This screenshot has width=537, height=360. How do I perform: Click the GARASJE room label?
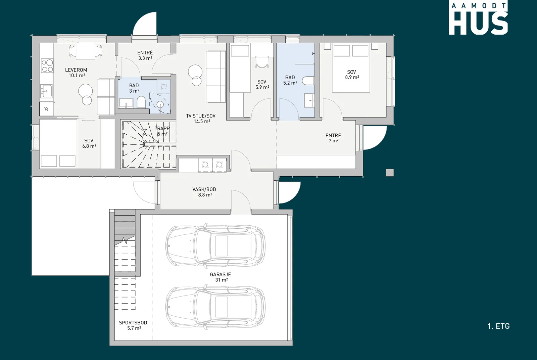(220, 274)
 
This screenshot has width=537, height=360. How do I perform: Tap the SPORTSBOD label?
(133, 323)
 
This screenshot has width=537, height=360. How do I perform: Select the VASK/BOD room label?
(204, 189)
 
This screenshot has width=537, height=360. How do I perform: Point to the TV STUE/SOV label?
(201, 116)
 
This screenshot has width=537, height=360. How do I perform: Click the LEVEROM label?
(76, 70)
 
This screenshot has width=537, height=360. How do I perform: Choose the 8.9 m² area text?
(352, 77)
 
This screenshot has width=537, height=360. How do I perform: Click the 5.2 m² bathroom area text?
(290, 83)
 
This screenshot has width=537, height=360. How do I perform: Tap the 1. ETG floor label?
(499, 326)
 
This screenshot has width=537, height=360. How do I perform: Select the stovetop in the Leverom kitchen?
(47, 66)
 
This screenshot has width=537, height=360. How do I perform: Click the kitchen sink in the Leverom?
(46, 91)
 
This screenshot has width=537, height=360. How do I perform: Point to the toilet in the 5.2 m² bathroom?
(308, 81)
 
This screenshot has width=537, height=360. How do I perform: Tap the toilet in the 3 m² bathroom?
(141, 102)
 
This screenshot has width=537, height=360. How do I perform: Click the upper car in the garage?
(215, 246)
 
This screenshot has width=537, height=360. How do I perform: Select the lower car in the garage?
(215, 307)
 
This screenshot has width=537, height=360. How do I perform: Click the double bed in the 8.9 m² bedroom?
(351, 68)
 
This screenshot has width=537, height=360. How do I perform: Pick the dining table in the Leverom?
(86, 51)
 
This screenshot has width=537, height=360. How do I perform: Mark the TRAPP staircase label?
(162, 128)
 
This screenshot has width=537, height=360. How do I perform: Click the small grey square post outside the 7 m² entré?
(390, 173)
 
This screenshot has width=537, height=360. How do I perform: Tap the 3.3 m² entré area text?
(145, 58)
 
